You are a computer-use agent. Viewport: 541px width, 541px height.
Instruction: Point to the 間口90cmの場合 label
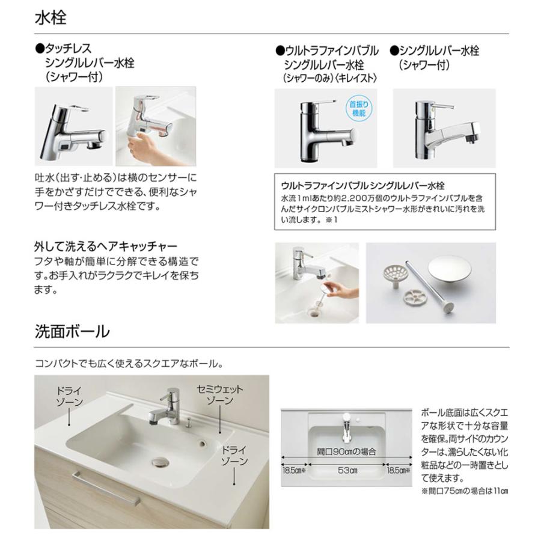tap(347, 450)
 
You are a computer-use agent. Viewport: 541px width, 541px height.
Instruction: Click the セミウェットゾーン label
tap(220, 394)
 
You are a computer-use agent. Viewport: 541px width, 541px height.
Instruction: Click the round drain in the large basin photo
tap(159, 461)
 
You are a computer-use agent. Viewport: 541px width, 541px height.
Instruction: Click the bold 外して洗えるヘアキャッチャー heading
tap(105, 247)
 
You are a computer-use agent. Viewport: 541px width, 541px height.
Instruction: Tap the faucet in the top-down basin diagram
tap(346, 426)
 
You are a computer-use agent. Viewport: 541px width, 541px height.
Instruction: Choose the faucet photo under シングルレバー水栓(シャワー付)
tap(443, 127)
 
